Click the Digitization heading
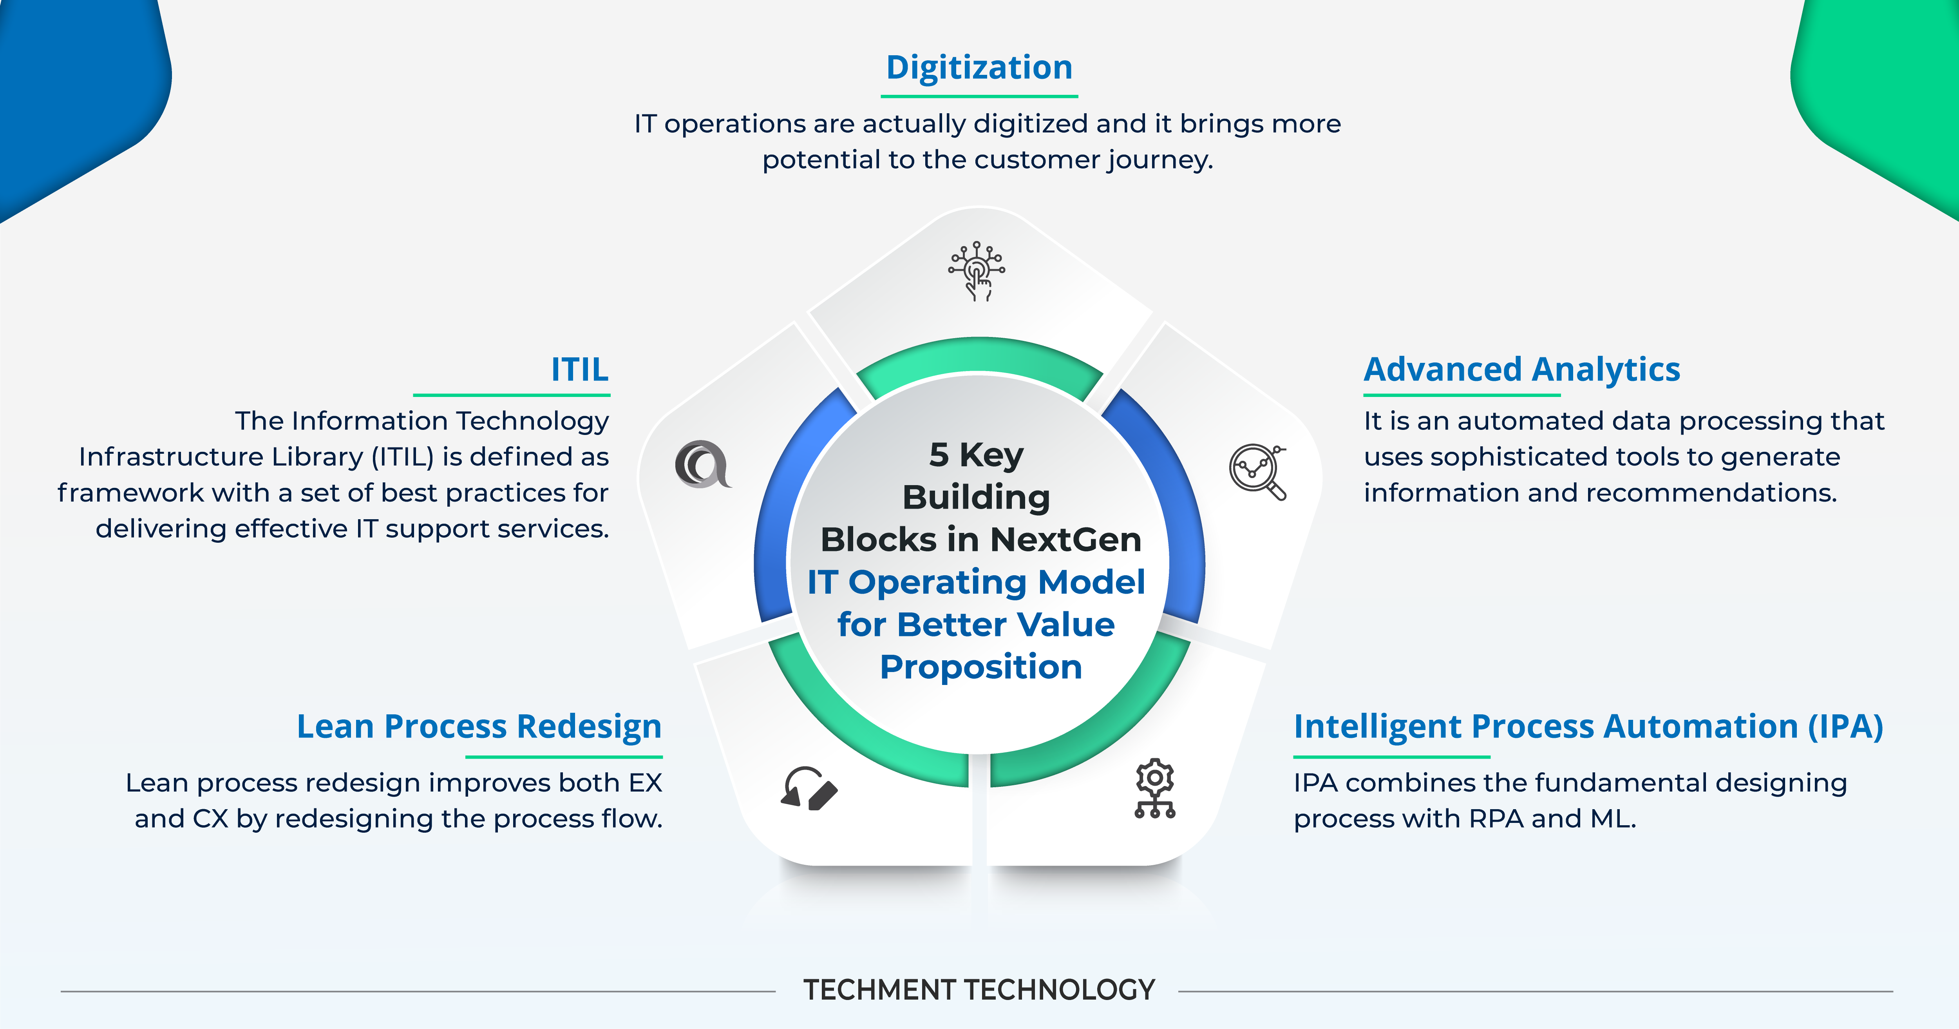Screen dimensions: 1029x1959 (979, 68)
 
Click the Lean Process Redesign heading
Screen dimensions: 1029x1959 (479, 726)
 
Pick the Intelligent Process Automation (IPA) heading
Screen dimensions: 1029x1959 (1588, 726)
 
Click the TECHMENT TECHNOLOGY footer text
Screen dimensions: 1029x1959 (979, 990)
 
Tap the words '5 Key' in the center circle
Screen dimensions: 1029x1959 (977, 455)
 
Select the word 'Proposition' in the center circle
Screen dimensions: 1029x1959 (980, 667)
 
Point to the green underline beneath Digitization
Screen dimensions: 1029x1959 (979, 96)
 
